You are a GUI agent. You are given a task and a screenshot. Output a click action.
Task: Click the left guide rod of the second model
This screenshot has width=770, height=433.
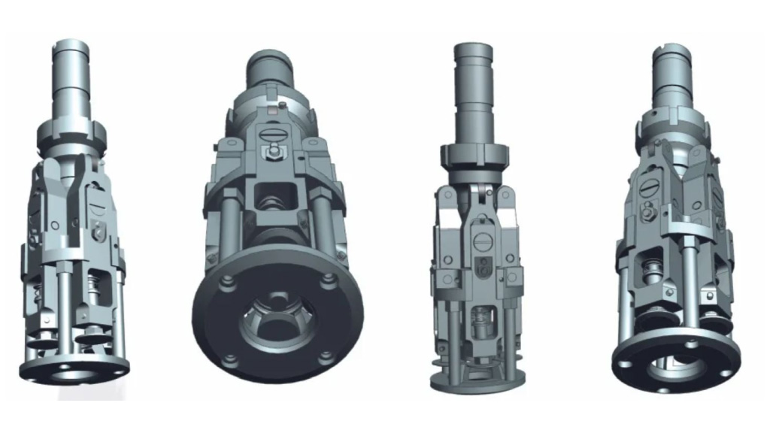pyautogui.click(x=226, y=226)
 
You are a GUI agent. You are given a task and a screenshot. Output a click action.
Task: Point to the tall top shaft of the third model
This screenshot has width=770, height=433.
pyautogui.click(x=473, y=90)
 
